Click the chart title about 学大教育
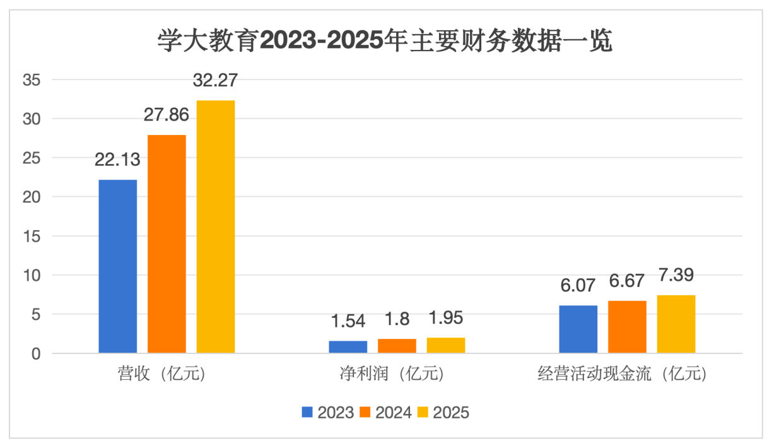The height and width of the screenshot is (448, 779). click(x=385, y=42)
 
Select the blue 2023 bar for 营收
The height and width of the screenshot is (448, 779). click(x=118, y=266)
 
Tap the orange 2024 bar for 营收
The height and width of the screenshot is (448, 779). click(x=167, y=244)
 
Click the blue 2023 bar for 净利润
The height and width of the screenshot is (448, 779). click(x=348, y=346)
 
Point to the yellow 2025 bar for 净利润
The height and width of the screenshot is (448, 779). click(x=446, y=345)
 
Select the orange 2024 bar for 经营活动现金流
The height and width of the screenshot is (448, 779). click(x=627, y=327)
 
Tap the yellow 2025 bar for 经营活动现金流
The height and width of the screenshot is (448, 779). click(x=676, y=324)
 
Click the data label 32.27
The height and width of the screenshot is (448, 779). click(x=215, y=81)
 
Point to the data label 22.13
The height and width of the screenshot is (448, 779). click(x=117, y=160)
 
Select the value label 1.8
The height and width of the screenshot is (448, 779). click(x=397, y=319)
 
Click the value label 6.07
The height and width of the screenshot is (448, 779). click(x=578, y=286)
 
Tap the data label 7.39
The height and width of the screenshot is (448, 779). click(x=676, y=276)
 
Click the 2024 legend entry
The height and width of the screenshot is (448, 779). click(x=386, y=413)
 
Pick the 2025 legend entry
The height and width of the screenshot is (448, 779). click(x=443, y=413)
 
